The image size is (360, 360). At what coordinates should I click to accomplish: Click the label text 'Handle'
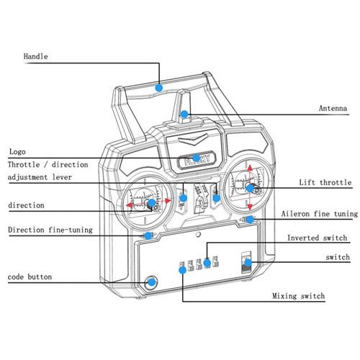35,57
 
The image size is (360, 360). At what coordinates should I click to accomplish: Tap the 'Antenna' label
333,109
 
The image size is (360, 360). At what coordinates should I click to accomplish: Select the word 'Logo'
17,152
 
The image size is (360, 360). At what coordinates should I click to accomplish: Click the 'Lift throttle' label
325,182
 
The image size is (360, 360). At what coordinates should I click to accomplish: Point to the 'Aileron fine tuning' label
320,214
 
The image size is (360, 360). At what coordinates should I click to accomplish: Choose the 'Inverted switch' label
318,238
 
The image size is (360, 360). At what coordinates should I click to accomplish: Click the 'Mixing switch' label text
299,296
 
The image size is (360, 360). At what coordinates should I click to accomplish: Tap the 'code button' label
30,276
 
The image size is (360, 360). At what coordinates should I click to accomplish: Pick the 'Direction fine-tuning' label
50,230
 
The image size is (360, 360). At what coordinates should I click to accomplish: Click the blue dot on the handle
159,88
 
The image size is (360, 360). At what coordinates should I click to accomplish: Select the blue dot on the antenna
184,114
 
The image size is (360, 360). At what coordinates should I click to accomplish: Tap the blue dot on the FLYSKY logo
197,158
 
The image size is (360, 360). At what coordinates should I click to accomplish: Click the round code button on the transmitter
151,282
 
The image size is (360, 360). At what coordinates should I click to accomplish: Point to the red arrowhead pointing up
250,168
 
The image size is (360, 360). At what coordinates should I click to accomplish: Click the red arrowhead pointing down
250,207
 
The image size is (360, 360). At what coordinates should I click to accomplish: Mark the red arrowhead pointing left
130,205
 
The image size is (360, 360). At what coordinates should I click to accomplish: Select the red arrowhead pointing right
168,201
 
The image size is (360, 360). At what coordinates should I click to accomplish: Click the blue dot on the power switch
248,263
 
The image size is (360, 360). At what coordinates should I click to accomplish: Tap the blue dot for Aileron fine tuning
250,220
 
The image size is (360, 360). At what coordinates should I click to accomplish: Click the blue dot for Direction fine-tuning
148,235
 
